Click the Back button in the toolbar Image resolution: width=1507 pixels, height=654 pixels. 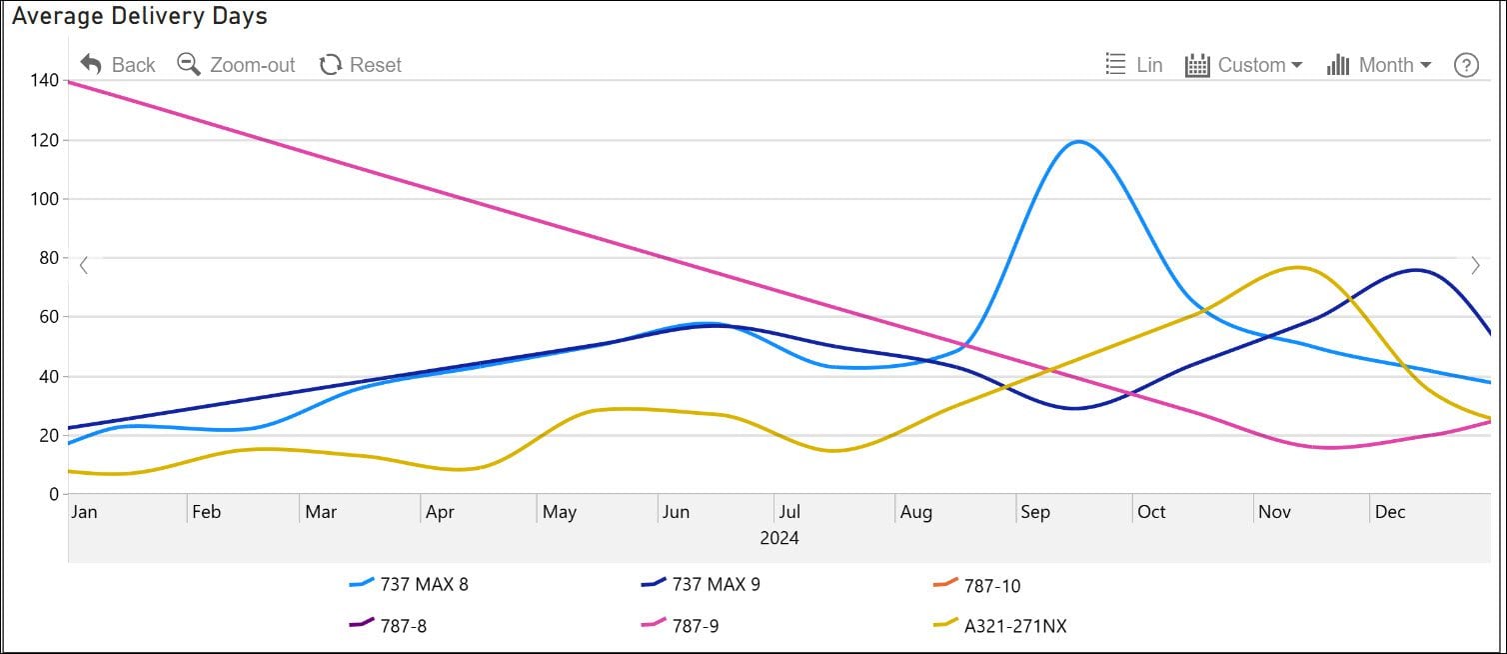point(118,65)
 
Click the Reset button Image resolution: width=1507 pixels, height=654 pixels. point(361,65)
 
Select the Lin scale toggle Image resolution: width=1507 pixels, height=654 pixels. point(1134,65)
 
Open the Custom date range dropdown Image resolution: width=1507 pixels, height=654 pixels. point(1244,65)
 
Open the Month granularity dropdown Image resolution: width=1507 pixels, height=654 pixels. point(1379,65)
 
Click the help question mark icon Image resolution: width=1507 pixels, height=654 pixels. point(1466,65)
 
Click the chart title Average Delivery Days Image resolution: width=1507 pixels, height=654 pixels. point(140,16)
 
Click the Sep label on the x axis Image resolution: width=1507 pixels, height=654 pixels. point(1035,512)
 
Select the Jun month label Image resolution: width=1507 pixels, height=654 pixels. point(676,512)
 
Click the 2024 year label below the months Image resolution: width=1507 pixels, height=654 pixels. point(779,538)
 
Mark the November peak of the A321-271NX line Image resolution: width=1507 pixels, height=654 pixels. point(1297,268)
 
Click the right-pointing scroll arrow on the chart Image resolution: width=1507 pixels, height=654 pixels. point(1475,266)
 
